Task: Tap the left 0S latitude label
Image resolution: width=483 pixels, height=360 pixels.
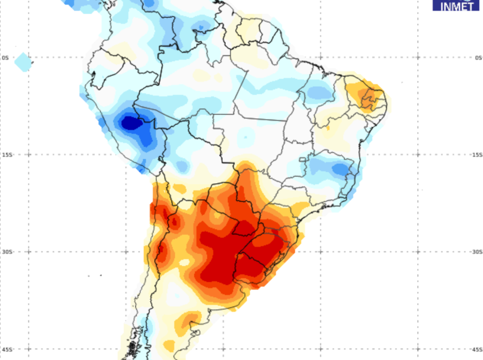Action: click(x=5, y=57)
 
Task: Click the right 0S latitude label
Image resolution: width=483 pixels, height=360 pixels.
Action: click(x=478, y=57)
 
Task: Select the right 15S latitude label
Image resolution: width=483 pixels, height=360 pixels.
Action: click(x=477, y=155)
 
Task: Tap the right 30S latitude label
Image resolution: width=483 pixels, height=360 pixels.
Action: click(x=477, y=252)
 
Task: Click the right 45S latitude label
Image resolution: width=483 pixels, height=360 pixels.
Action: click(x=477, y=349)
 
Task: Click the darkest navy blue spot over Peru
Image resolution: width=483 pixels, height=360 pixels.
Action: click(x=130, y=123)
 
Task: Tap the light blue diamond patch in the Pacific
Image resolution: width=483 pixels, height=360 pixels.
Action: click(x=23, y=62)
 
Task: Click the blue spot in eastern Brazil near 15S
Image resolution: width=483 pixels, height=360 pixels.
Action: click(x=340, y=169)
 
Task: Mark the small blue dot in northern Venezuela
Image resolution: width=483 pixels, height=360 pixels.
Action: click(x=201, y=27)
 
